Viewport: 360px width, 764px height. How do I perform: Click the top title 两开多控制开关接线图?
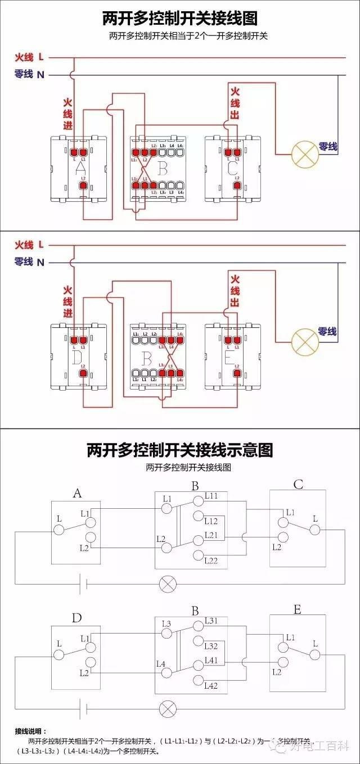[180, 19]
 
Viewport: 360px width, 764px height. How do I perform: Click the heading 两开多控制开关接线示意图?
[180, 450]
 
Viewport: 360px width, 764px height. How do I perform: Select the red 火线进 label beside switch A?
[67, 115]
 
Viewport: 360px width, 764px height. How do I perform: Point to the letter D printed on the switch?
[76, 358]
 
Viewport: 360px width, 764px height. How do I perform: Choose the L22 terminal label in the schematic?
[211, 560]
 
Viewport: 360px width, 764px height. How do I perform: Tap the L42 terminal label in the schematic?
[211, 685]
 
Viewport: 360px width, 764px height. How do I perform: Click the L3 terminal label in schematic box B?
[166, 624]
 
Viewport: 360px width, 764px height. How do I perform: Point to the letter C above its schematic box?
[298, 485]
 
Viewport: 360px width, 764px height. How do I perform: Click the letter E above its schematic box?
[298, 609]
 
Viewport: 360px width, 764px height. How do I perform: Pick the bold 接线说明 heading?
[31, 731]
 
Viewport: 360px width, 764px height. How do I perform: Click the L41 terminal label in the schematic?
[211, 660]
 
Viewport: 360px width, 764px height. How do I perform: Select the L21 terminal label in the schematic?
[211, 535]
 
